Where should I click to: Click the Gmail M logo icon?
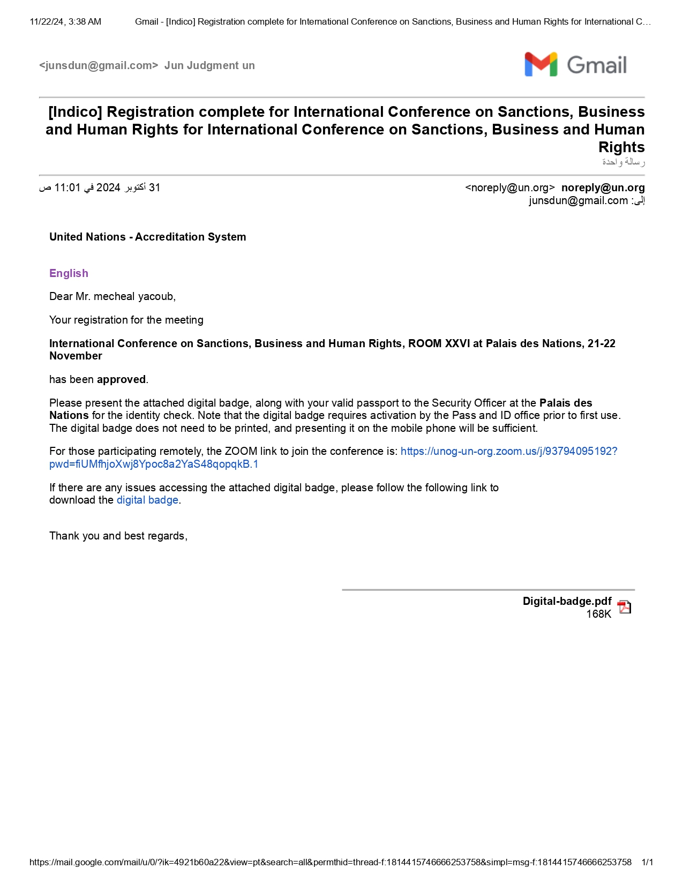click(x=541, y=65)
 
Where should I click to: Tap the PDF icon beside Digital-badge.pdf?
click(x=624, y=607)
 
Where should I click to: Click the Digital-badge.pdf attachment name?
click(x=567, y=601)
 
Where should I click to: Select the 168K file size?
click(x=598, y=614)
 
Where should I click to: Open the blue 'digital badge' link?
click(x=147, y=500)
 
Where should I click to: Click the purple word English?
click(x=69, y=273)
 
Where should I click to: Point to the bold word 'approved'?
click(x=121, y=379)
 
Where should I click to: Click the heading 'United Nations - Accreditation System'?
click(x=147, y=237)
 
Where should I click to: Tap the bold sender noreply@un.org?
click(x=603, y=188)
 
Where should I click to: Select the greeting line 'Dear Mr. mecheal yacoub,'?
click(x=112, y=296)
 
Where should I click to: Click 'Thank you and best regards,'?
click(x=118, y=536)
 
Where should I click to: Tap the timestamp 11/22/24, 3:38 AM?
click(x=65, y=22)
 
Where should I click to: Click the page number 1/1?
click(x=647, y=862)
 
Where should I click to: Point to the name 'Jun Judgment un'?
click(x=209, y=65)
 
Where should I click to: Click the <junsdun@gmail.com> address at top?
click(x=99, y=65)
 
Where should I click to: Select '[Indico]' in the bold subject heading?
click(x=75, y=112)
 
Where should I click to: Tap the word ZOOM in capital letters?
click(x=241, y=451)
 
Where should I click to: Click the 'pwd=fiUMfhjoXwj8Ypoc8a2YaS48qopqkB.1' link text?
click(x=154, y=464)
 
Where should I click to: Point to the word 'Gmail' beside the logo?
click(x=597, y=65)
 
